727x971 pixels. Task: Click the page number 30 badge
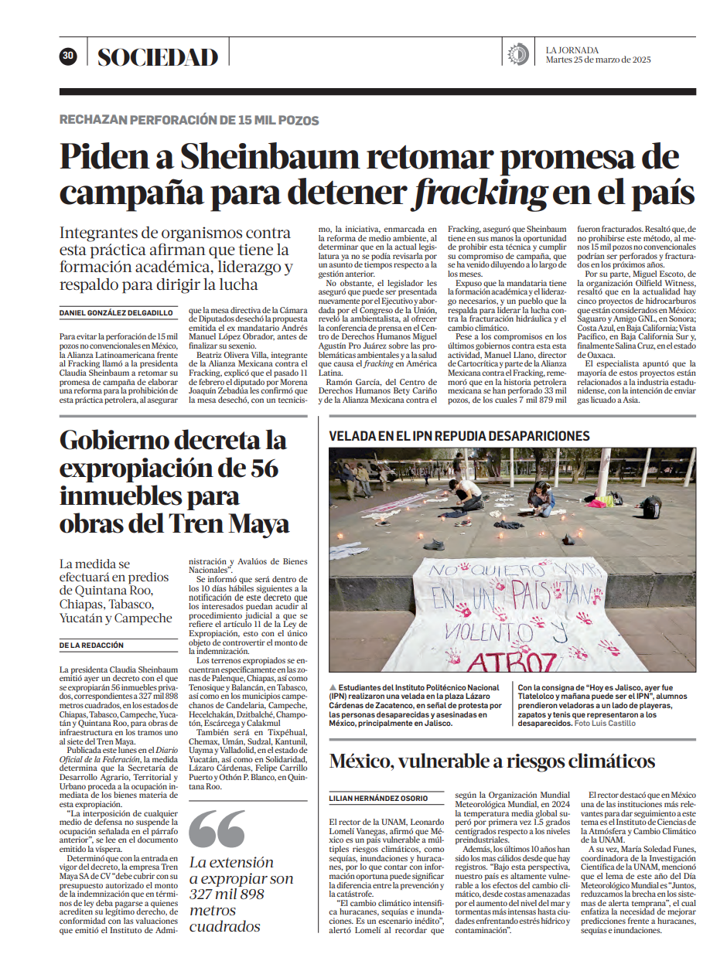click(68, 56)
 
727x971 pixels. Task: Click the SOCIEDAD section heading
click(158, 56)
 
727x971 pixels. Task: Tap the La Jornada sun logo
click(517, 55)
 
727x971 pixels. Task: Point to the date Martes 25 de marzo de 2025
click(599, 61)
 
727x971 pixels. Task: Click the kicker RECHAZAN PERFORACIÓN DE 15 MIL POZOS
click(189, 121)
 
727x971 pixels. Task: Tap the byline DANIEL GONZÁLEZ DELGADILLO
click(117, 312)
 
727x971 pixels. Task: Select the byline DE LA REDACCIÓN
click(91, 644)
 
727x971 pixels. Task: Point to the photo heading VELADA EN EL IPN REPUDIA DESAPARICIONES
click(459, 436)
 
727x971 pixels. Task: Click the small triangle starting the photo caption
click(333, 687)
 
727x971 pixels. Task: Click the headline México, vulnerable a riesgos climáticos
click(492, 761)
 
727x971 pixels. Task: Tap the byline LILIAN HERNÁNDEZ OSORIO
click(378, 798)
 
